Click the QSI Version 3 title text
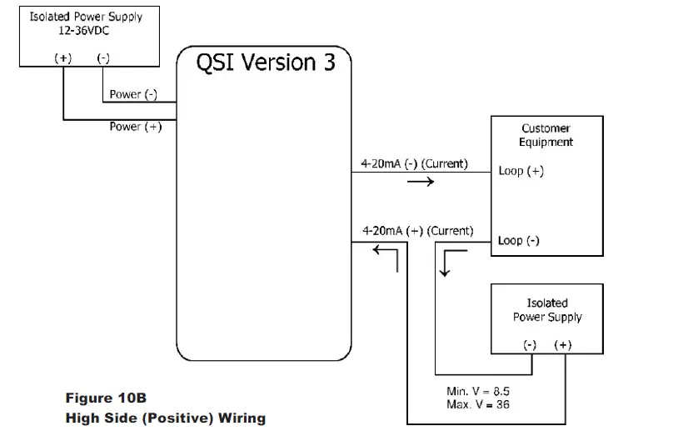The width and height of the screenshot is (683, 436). (x=266, y=63)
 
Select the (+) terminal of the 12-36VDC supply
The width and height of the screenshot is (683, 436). (x=63, y=58)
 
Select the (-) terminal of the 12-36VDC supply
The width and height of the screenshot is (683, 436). (x=104, y=58)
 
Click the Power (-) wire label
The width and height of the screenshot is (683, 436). (x=133, y=94)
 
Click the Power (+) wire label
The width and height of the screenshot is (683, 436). (x=135, y=127)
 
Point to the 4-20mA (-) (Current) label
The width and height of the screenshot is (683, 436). (x=415, y=163)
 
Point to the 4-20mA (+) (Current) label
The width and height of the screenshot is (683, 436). (x=418, y=230)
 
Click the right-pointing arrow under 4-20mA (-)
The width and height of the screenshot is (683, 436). (x=419, y=181)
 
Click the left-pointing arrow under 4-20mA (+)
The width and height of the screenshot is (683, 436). (x=385, y=253)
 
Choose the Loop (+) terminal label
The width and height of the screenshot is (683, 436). (x=521, y=172)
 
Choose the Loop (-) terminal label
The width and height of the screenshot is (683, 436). (x=519, y=241)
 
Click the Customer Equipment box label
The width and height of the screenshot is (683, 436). (x=546, y=135)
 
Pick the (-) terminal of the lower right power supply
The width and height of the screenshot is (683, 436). (x=529, y=345)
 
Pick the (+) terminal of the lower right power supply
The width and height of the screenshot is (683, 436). (x=563, y=345)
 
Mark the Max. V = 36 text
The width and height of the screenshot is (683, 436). (x=478, y=404)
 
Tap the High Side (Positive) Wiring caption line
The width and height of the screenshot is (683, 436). (x=165, y=418)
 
